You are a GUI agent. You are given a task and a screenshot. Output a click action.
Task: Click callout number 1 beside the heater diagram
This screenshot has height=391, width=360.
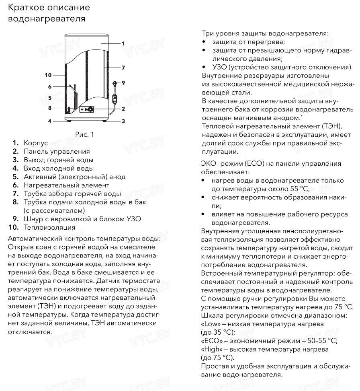123,43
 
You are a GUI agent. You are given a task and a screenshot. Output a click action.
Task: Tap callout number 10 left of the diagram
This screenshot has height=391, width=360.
48,75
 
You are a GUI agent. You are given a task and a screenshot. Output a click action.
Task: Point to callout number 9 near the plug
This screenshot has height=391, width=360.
123,83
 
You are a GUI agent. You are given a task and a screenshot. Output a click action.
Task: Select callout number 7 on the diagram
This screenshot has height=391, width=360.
123,67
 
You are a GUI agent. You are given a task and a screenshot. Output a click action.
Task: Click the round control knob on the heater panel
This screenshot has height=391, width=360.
91,109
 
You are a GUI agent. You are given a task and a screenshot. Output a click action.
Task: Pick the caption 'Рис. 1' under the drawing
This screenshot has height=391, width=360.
84,135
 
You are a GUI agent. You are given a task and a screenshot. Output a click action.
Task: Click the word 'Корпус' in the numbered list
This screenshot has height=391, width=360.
36,143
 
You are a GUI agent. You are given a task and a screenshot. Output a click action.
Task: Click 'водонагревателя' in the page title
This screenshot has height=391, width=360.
47,19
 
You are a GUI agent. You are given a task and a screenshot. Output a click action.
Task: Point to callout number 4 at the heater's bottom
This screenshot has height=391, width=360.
50,121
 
